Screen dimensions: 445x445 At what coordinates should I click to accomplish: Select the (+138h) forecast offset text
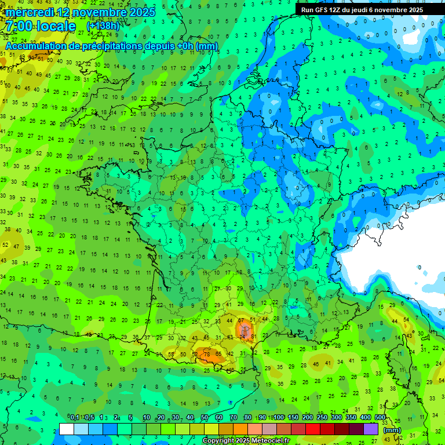(103, 26)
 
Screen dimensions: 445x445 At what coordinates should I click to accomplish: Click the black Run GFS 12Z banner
(362, 10)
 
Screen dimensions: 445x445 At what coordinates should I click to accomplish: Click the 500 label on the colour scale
(380, 418)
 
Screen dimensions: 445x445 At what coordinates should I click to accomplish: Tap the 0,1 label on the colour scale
(75, 418)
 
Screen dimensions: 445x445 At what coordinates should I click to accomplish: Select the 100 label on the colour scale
(279, 418)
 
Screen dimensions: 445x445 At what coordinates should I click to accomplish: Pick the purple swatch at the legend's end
(371, 429)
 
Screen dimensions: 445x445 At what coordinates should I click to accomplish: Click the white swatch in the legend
(67, 429)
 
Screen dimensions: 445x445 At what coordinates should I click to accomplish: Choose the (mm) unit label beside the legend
(392, 429)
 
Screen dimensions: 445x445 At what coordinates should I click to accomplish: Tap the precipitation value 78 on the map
(206, 354)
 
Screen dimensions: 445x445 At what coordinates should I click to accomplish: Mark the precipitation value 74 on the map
(243, 337)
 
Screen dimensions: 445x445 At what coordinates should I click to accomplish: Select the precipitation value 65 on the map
(218, 354)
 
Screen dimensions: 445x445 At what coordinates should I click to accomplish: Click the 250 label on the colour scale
(322, 418)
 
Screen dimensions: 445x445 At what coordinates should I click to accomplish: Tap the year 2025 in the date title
(142, 12)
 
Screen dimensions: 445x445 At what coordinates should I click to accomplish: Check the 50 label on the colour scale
(205, 418)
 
